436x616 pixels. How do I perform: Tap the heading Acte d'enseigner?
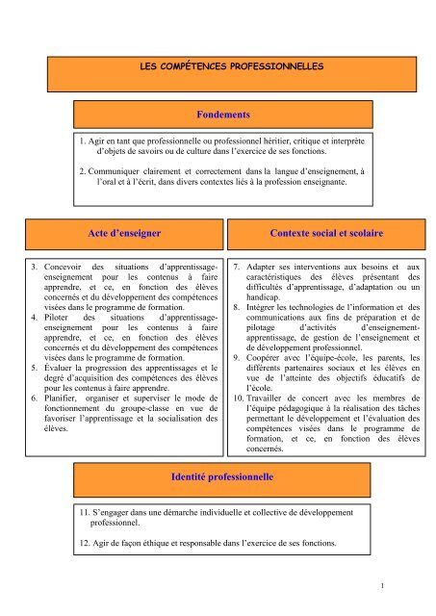click(x=119, y=233)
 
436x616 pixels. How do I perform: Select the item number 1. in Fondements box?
click(x=85, y=141)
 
